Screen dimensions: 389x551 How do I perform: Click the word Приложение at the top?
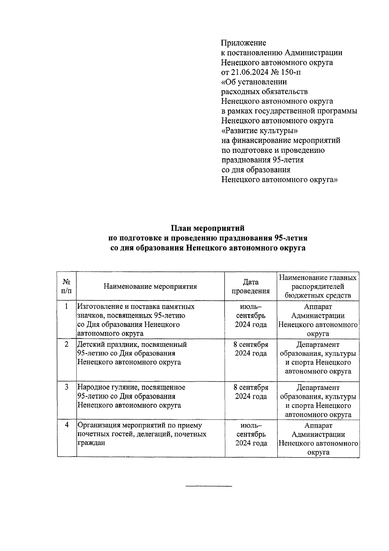point(243,43)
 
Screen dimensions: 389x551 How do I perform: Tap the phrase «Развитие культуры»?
point(259,130)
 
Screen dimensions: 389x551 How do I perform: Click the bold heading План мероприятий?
point(207,229)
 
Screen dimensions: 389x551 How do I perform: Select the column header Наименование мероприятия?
point(150,287)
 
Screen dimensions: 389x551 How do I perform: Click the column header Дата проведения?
point(251,287)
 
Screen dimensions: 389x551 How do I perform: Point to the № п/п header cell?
point(66,287)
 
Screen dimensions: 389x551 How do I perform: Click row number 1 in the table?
point(66,307)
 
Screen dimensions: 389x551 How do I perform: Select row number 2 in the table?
point(66,345)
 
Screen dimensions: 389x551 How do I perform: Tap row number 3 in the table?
point(66,387)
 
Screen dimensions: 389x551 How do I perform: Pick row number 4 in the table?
point(66,425)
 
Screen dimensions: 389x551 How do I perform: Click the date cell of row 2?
point(251,349)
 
